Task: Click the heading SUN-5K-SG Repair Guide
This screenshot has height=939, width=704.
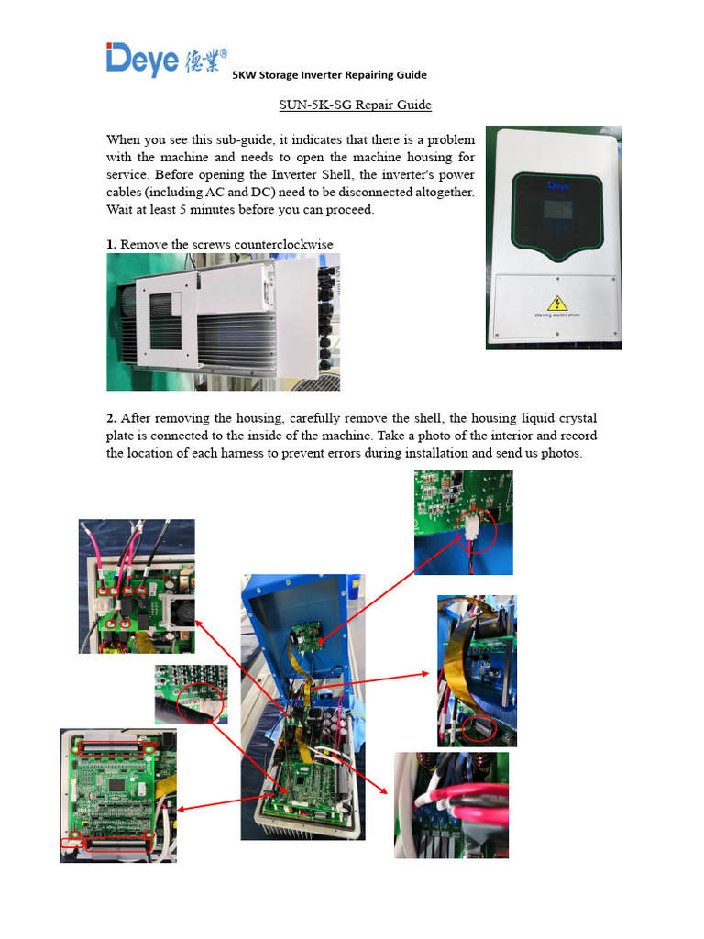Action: tap(355, 105)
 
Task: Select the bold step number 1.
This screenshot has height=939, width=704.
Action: tap(111, 244)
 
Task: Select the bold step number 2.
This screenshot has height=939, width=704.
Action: tap(111, 418)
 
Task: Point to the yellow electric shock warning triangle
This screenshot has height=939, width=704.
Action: tap(556, 303)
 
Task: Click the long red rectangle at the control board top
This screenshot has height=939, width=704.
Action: tap(115, 748)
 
